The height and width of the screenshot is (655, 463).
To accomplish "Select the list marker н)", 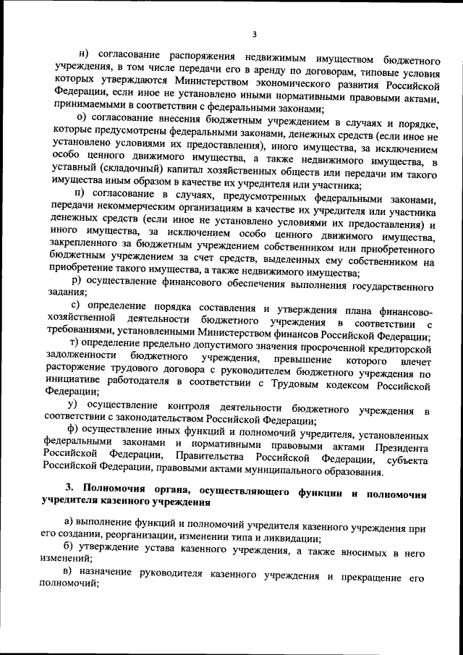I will click(x=83, y=57).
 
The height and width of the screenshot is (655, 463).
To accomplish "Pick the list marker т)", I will click(x=74, y=342).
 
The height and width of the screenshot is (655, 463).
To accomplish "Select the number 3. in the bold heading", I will click(x=69, y=493).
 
